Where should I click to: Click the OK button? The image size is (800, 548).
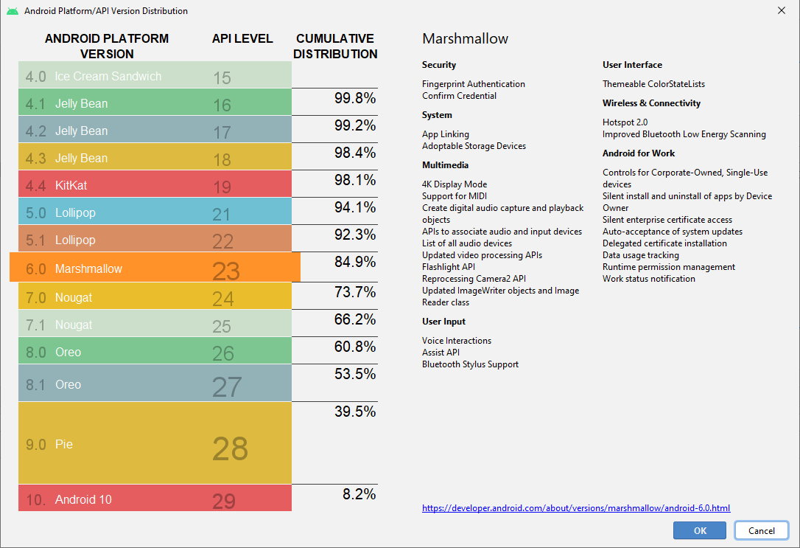(699, 530)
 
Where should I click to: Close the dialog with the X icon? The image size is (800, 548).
(781, 10)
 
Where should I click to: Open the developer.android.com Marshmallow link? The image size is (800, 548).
(575, 508)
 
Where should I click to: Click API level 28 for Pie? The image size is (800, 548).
(230, 448)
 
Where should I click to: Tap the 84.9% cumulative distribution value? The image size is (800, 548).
(355, 262)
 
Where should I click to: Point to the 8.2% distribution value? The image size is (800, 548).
(359, 494)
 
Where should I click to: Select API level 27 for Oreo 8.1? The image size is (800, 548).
(226, 386)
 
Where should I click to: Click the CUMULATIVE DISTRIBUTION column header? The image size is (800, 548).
(335, 46)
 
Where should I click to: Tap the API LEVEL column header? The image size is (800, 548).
(242, 38)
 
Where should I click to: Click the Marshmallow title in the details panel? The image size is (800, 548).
(465, 39)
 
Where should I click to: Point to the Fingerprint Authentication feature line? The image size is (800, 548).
(474, 84)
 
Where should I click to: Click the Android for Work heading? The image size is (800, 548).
(638, 153)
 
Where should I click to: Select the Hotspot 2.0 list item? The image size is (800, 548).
(625, 122)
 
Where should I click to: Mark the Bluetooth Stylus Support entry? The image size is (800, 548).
(470, 364)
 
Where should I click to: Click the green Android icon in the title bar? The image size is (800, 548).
(12, 11)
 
